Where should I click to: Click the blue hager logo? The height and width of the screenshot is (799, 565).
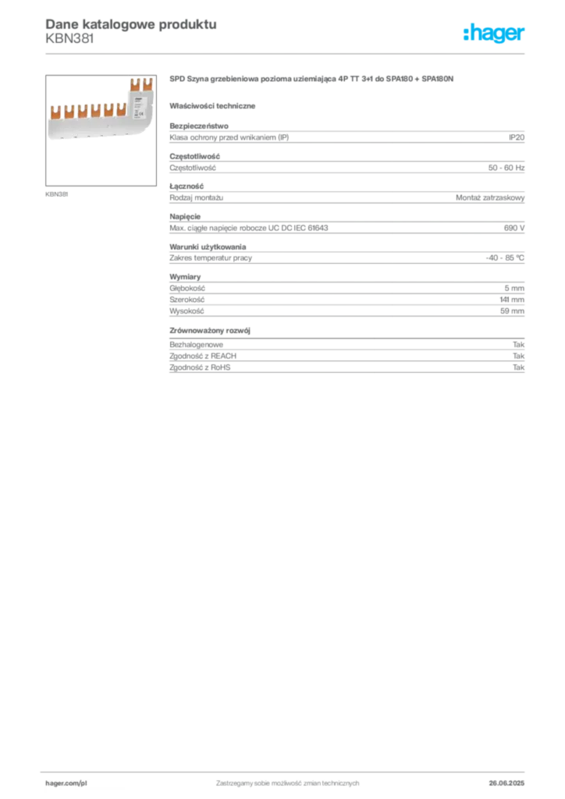coord(495,34)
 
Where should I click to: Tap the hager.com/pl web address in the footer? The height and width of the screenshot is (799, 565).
coord(65,781)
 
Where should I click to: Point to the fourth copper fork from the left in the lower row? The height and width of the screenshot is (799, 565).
coord(95,112)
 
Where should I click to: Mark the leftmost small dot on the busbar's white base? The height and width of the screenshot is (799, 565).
coord(62,139)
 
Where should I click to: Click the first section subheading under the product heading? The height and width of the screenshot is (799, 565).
coord(215,105)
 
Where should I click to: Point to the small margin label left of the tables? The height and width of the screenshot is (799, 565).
coord(54,190)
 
